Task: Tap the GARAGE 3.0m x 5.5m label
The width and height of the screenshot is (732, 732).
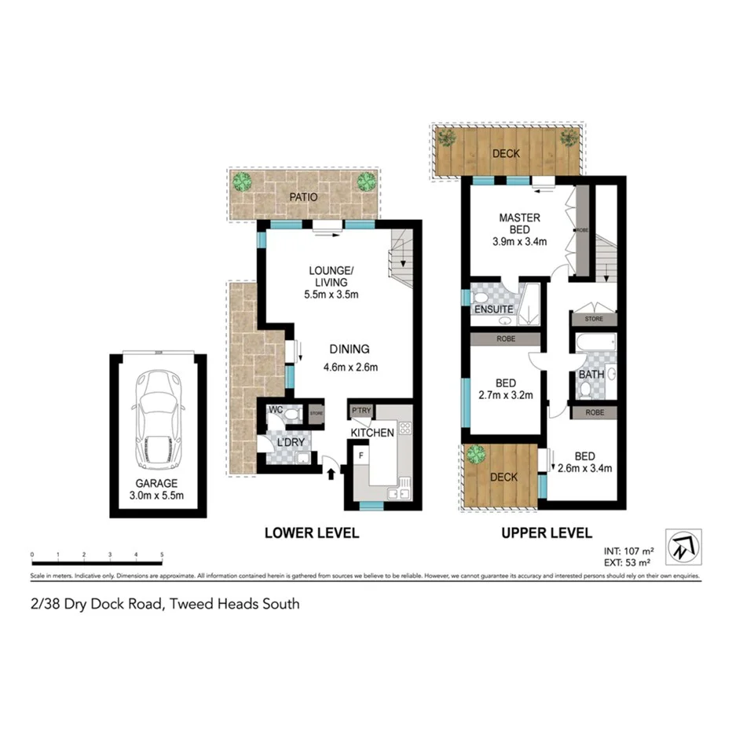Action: point(158,489)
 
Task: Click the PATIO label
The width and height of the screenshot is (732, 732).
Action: point(302,197)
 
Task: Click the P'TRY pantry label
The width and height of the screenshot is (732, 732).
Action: point(361,412)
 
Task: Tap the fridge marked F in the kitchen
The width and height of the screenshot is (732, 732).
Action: point(361,455)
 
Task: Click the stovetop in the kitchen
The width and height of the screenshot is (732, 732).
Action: point(405,429)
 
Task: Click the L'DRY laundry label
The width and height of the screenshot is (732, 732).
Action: point(290,443)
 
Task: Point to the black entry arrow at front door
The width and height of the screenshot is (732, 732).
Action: point(330,473)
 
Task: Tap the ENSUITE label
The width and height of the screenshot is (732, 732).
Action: point(492,309)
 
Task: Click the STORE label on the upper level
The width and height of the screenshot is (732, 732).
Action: point(593,319)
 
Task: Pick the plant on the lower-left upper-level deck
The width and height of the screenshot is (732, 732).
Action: point(475,454)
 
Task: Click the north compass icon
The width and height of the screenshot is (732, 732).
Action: point(682,547)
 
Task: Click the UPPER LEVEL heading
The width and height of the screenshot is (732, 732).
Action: point(547,533)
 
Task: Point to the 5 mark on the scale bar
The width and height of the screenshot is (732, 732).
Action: point(162,555)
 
